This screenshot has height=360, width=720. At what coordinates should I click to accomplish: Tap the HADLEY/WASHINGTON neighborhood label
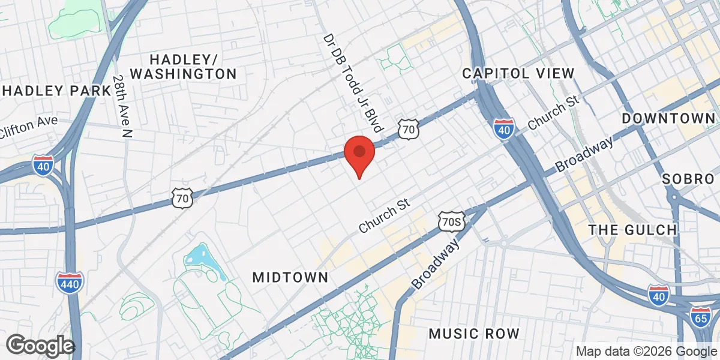point(184,67)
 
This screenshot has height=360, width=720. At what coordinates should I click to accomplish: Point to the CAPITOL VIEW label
point(518,73)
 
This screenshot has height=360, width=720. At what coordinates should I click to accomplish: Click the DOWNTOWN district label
point(669,118)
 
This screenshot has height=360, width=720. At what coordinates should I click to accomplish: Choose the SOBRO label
point(689,179)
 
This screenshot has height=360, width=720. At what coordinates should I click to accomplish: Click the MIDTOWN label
point(290,277)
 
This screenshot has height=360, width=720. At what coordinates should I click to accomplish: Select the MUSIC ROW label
point(475,334)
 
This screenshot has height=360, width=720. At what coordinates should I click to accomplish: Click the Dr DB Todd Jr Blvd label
point(352,83)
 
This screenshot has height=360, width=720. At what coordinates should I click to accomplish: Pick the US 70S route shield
point(451,221)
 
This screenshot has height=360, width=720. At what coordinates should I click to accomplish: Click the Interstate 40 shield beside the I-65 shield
point(659,295)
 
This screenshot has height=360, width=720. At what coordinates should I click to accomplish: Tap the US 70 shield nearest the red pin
point(408,128)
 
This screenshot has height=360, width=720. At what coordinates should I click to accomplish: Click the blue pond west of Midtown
point(201,259)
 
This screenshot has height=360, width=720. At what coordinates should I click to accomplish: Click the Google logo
point(40,346)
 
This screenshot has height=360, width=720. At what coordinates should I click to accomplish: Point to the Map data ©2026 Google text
point(646,352)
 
